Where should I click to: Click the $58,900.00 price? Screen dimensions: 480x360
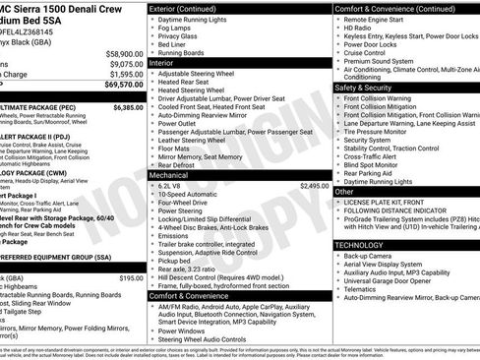pos(118,53)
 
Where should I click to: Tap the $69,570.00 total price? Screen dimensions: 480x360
pos(118,86)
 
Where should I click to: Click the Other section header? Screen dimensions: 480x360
pos(344,192)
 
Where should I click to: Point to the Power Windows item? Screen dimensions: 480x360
pos(187,330)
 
